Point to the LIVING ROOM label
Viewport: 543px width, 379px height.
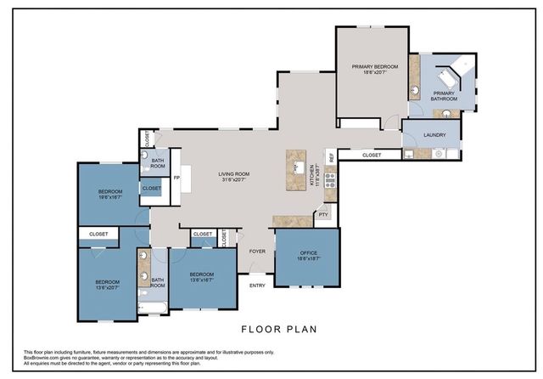(x=216, y=176)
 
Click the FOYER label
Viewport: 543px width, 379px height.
(x=257, y=252)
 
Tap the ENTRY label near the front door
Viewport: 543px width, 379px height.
(x=257, y=286)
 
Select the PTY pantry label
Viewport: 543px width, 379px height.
(x=323, y=215)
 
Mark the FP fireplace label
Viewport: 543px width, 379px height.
(x=176, y=178)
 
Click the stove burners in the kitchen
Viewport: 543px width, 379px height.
(x=330, y=179)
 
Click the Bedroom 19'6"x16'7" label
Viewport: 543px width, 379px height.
(x=109, y=192)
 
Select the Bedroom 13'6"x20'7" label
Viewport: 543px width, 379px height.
(x=107, y=285)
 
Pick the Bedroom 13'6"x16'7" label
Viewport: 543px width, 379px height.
(x=201, y=276)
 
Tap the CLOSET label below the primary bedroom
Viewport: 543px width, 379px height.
(x=372, y=156)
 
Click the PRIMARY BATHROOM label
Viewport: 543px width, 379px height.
(x=444, y=96)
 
